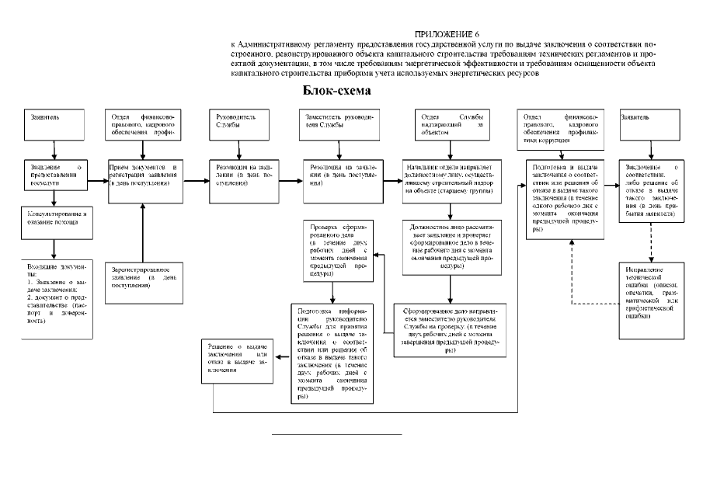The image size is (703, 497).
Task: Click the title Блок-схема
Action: tap(336, 91)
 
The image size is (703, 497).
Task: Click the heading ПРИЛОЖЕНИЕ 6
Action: tap(447, 36)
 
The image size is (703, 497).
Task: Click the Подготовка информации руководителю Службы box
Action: tap(331, 353)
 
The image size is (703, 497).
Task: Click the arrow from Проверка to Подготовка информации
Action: tap(333, 290)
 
